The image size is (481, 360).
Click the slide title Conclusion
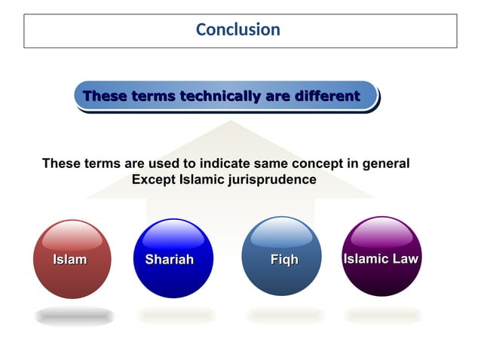coord(237,29)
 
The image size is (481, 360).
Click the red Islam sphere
coord(71,259)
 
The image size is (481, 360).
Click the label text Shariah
coord(169,260)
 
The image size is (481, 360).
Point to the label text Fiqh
coord(284,260)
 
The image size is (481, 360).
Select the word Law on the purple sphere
coord(404,259)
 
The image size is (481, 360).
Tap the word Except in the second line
coord(154,180)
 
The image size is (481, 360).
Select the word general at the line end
coord(386,163)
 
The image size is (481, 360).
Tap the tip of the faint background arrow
coord(231,122)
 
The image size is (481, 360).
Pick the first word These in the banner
coord(105,96)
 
